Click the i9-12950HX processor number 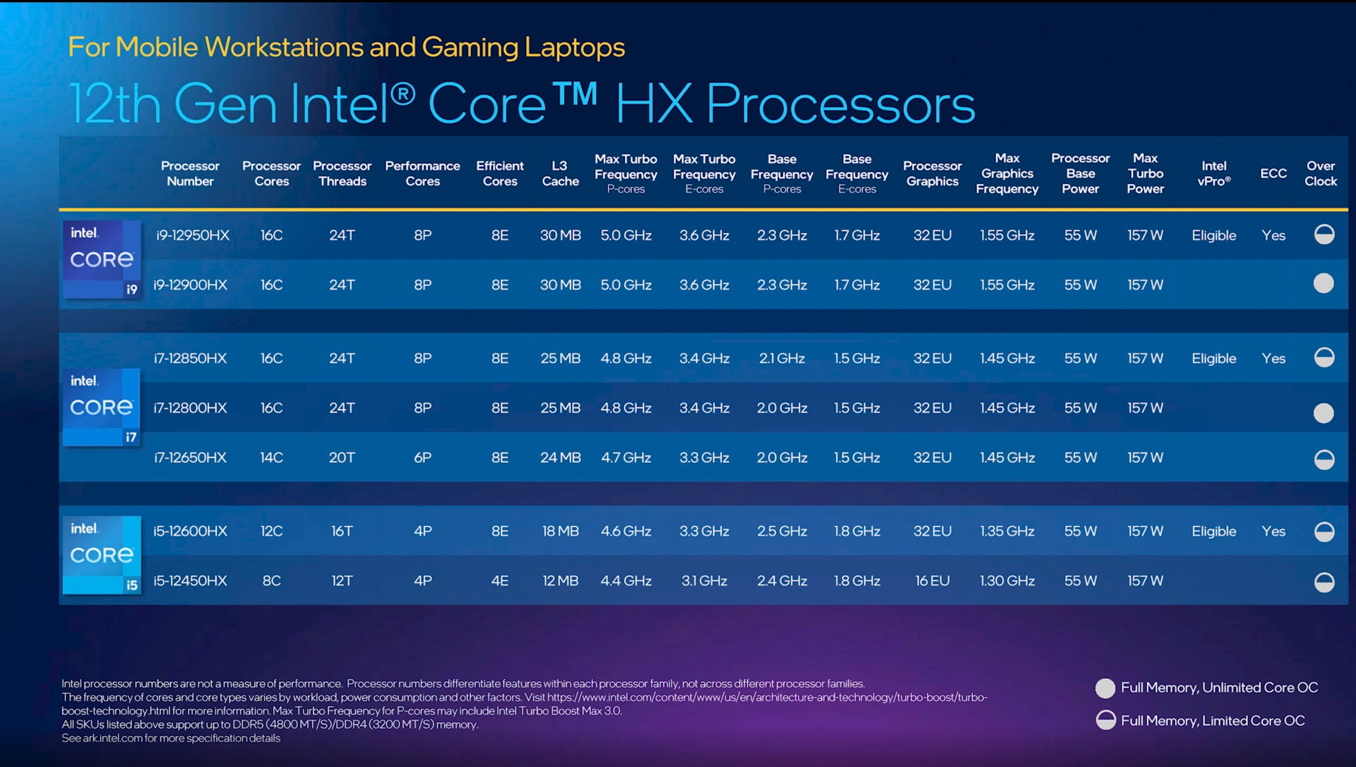[x=193, y=235]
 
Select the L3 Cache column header [x=560, y=173]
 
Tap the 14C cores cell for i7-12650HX [x=271, y=457]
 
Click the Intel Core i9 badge [x=102, y=260]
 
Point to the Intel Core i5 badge [x=102, y=555]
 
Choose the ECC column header [x=1273, y=173]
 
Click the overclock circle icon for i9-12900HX [x=1323, y=283]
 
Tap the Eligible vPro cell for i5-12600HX [x=1214, y=531]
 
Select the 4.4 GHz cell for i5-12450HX [x=626, y=580]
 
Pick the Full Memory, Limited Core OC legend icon [x=1105, y=720]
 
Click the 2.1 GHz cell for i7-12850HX [x=781, y=358]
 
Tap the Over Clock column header [x=1320, y=173]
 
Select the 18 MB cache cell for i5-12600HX [x=560, y=531]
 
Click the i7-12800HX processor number [x=190, y=408]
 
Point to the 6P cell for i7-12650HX [x=422, y=457]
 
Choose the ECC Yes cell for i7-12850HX [x=1273, y=358]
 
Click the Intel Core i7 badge [x=102, y=407]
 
